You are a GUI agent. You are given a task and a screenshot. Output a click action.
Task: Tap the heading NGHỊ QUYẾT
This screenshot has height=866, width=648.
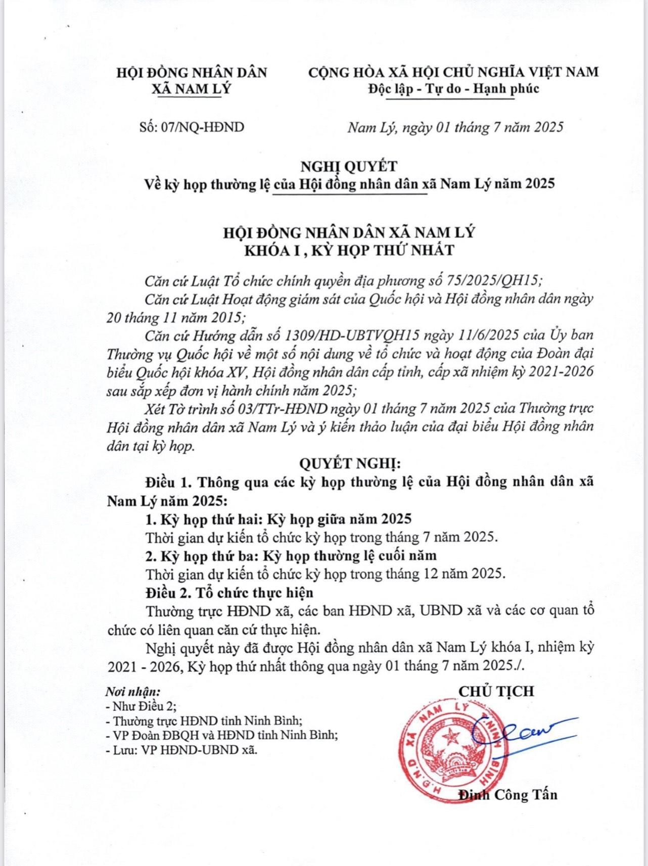pos(348,166)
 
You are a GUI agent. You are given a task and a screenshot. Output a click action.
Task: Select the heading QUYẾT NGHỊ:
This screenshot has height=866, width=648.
pos(349,463)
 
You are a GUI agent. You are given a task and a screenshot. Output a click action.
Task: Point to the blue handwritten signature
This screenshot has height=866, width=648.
pos(521,730)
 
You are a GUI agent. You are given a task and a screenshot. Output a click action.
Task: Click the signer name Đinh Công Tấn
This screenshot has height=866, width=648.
pos(507,795)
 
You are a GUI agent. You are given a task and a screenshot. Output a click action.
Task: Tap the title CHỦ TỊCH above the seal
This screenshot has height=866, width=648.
pos(496,691)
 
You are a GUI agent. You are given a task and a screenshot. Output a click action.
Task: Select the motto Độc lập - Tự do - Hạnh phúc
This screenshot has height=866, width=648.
pos(453,89)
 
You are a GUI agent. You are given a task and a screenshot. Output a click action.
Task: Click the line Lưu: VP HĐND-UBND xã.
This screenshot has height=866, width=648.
pos(182,750)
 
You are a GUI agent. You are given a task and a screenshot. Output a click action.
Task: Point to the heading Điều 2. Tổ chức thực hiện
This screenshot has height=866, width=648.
pos(229,592)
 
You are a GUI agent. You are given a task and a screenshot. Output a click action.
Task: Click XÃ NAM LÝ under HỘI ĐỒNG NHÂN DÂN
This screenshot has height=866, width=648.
pos(192,89)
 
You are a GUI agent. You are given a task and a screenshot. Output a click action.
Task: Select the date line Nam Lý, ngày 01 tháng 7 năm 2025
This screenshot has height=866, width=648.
pos(455,127)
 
